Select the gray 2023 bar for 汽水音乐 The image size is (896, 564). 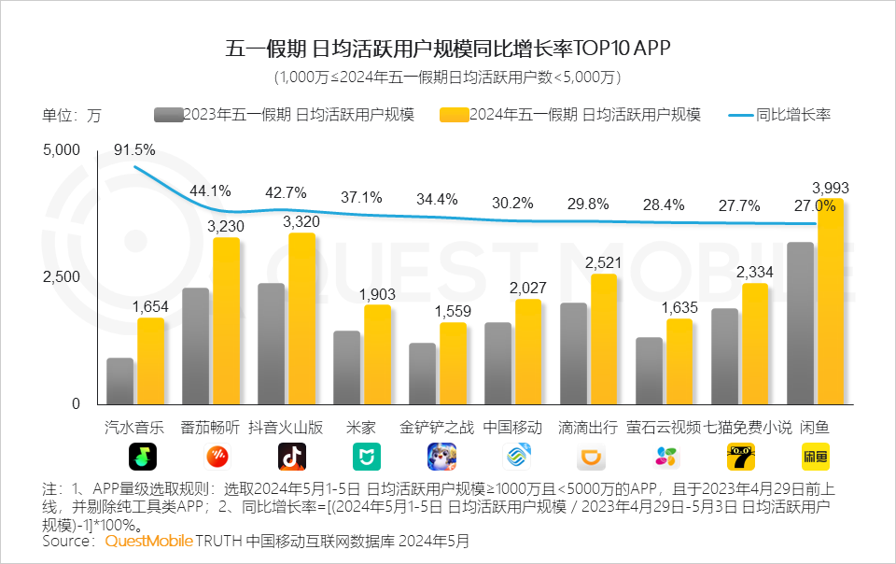pos(120,381)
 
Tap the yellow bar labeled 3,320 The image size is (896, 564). pos(301,317)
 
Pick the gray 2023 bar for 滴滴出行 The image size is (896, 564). pos(573,353)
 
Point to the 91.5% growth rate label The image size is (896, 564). pos(134,149)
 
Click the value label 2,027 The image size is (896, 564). pos(527,288)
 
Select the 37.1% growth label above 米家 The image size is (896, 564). pos(361,197)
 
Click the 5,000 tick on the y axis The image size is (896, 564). pos(63,150)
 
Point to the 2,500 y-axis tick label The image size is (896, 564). pos(63,277)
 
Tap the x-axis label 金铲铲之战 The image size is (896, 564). pos(437,428)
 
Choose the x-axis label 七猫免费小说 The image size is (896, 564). pos(748,428)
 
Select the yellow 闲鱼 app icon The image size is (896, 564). pos(815,457)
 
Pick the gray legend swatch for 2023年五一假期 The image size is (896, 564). pos(168,115)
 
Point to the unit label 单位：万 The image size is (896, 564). pos(72,116)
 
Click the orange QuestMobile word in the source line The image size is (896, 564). pos(148,541)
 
